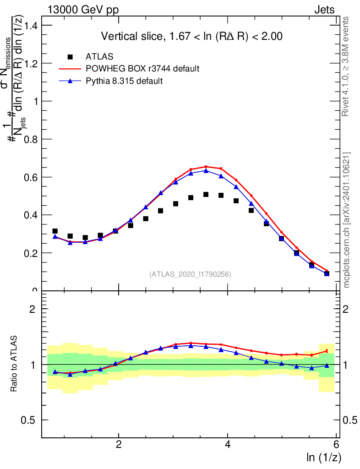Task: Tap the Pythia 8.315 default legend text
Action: click(x=125, y=81)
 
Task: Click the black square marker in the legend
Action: click(x=70, y=57)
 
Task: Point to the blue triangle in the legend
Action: click(x=70, y=81)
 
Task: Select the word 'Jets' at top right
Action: click(x=324, y=10)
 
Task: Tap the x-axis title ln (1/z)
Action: click(x=323, y=457)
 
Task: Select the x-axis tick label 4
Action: click(x=228, y=445)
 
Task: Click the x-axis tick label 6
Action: click(x=336, y=445)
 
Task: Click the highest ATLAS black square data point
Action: click(x=206, y=195)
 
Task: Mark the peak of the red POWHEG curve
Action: click(x=206, y=167)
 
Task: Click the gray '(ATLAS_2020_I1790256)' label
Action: click(x=190, y=274)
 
